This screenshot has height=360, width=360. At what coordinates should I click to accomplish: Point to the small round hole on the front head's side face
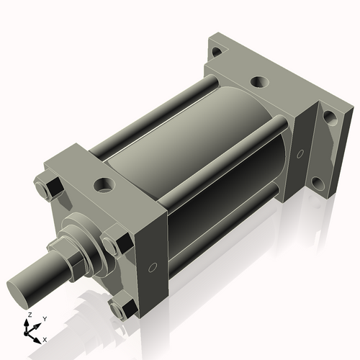(x=151, y=268)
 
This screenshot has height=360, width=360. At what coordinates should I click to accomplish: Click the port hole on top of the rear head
(x=257, y=82)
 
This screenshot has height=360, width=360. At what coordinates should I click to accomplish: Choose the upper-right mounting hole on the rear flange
(x=329, y=116)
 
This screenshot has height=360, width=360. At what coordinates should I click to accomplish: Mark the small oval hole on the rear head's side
(x=300, y=154)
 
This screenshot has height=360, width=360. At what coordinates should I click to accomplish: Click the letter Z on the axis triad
(x=28, y=315)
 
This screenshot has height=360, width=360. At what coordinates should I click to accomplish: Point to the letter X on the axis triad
(x=45, y=338)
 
